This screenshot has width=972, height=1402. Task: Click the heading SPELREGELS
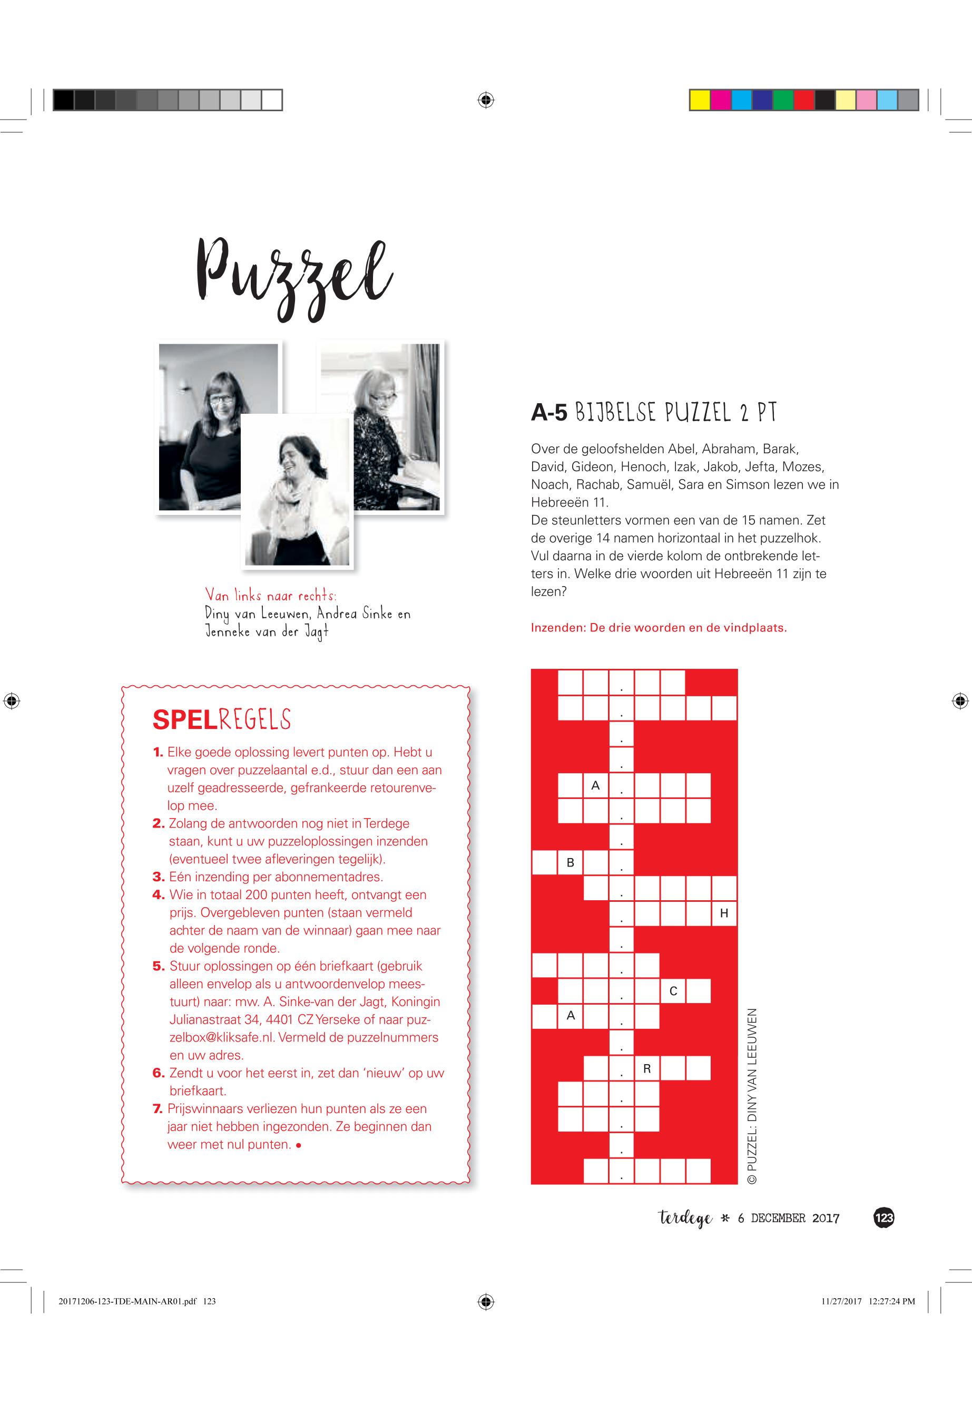[222, 719]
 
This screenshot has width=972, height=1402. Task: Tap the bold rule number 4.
[159, 895]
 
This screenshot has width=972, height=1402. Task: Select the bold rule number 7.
[158, 1109]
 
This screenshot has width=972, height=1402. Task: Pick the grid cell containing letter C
[673, 991]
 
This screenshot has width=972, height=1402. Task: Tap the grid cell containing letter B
[571, 863]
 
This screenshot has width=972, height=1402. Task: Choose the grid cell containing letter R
[647, 1069]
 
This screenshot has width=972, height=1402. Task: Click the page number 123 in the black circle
[883, 1218]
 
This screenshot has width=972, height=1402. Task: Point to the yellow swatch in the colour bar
[700, 100]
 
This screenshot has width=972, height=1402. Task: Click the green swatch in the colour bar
[783, 100]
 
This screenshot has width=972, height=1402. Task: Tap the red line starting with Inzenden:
[659, 628]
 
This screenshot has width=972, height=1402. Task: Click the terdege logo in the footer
[684, 1219]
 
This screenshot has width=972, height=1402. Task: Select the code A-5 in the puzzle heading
[549, 413]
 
